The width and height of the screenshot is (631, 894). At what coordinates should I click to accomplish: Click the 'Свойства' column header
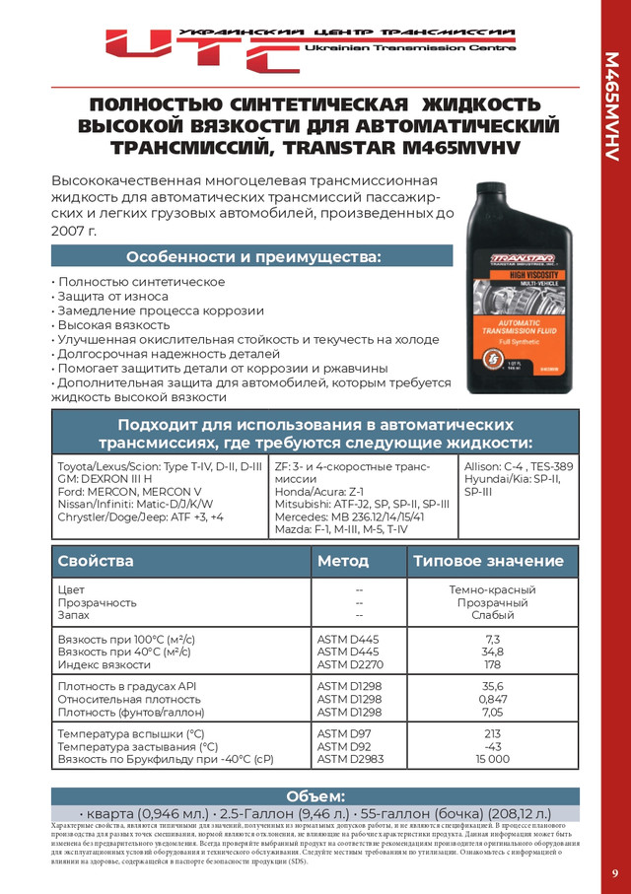tap(96, 561)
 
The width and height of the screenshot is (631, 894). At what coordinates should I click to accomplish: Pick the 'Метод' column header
tap(343, 561)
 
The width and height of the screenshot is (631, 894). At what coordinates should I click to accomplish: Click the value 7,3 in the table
tap(493, 639)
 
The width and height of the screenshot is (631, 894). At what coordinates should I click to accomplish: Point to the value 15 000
tap(493, 759)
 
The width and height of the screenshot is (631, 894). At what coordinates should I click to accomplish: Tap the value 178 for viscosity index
tap(493, 664)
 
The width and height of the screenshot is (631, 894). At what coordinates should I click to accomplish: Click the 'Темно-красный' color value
tap(493, 589)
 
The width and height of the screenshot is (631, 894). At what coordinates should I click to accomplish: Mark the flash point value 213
tap(493, 733)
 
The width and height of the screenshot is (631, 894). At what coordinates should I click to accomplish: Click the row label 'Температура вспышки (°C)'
tap(131, 733)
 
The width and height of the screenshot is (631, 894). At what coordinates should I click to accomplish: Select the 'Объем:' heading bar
tap(315, 795)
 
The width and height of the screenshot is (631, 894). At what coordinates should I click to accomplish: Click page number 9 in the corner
tap(614, 873)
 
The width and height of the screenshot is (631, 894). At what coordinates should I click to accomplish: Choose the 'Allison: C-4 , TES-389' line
tap(518, 464)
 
